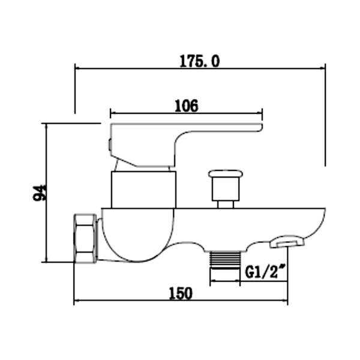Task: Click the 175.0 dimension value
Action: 200,61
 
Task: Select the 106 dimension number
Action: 186,106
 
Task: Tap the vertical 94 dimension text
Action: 40,193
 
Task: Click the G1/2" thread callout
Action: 265,273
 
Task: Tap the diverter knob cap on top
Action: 226,175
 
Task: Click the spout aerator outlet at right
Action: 287,241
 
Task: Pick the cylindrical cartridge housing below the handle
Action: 144,189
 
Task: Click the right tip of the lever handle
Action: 259,127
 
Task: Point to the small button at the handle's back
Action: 109,144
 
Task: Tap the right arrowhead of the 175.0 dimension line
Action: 322,67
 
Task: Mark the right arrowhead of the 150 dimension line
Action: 285,301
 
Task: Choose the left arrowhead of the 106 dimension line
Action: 113,112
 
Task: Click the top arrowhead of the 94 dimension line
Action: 46,127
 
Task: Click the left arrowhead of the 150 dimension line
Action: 77,301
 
